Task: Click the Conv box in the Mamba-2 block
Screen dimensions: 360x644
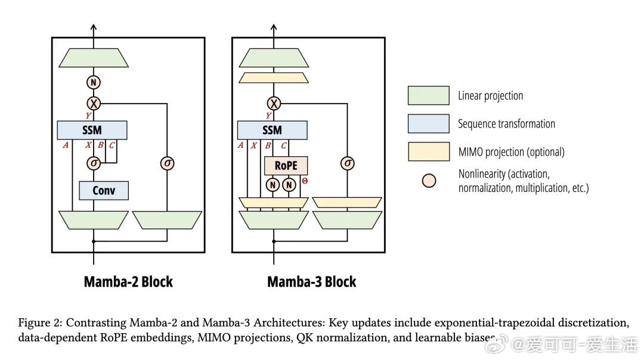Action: (x=104, y=191)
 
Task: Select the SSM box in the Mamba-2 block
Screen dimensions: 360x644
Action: (x=92, y=130)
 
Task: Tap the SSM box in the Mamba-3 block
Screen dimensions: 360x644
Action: (x=272, y=130)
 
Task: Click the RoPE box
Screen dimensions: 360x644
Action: (x=286, y=166)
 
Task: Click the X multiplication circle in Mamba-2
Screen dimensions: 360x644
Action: (x=94, y=103)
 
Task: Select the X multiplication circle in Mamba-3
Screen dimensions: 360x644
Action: (x=274, y=103)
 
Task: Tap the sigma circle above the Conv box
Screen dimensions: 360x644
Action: (x=94, y=162)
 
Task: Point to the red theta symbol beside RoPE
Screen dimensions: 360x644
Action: (x=305, y=179)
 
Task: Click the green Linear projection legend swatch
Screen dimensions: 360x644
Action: (x=428, y=95)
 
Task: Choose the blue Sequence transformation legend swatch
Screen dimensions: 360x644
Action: (x=428, y=123)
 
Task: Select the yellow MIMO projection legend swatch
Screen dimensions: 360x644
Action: (x=428, y=151)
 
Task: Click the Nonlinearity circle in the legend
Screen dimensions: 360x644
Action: (x=429, y=181)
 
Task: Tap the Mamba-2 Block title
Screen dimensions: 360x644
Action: (x=128, y=281)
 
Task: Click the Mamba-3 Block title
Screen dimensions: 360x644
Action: (x=311, y=281)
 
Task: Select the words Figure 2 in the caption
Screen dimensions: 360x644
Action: (x=39, y=323)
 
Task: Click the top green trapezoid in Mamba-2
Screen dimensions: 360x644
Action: (x=94, y=58)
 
